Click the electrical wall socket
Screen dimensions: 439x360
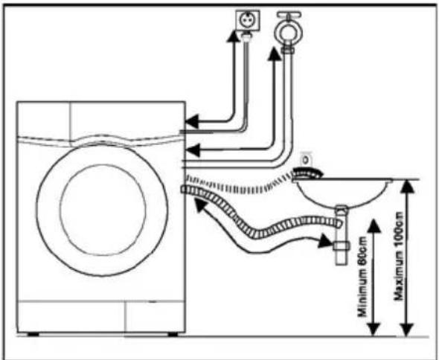coord(248,20)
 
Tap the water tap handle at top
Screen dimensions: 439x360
coord(289,14)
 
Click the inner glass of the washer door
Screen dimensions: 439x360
coord(103,210)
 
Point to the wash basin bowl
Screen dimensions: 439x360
coord(342,193)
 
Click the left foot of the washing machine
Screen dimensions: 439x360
coord(33,334)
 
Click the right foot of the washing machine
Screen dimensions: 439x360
coord(173,334)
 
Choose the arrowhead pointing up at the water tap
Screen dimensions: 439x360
coord(274,54)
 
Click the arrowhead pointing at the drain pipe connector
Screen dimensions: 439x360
coord(326,241)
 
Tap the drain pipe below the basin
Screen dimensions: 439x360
coord(342,235)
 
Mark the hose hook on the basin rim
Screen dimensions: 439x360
coord(307,173)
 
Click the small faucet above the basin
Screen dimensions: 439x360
coord(306,159)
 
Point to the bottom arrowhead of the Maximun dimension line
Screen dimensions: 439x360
coord(407,329)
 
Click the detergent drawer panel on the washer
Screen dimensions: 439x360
coord(44,120)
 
